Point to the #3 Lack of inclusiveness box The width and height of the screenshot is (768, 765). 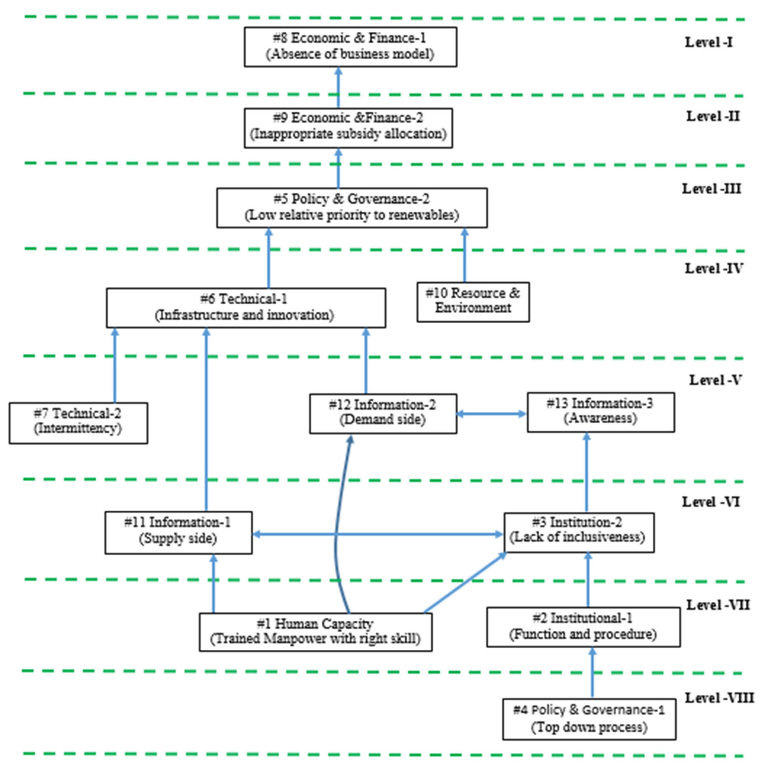(579, 532)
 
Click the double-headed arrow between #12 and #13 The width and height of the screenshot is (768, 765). (491, 414)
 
